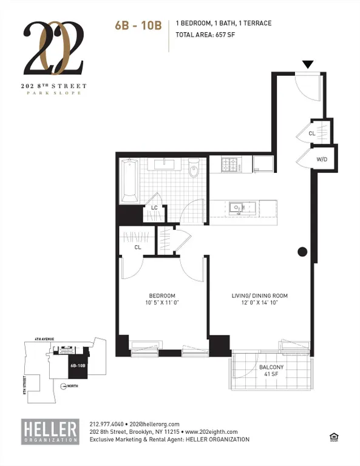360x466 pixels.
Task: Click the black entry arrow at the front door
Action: (x=308, y=64)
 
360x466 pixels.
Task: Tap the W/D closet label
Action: (x=321, y=160)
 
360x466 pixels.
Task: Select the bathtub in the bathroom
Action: (x=130, y=180)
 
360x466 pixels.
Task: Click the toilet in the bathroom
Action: (x=194, y=171)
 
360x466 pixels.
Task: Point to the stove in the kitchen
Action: (x=229, y=164)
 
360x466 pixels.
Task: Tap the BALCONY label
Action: (x=271, y=368)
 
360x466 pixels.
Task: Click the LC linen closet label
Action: (x=154, y=208)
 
